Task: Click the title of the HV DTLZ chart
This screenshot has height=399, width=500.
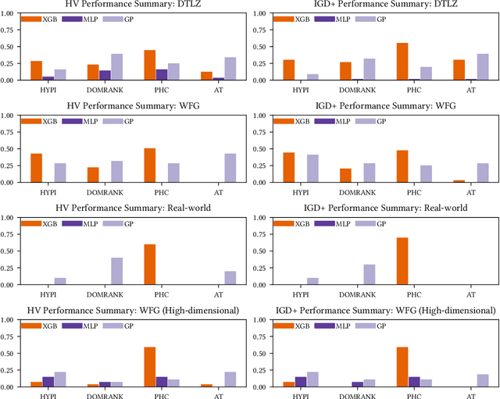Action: pyautogui.click(x=127, y=5)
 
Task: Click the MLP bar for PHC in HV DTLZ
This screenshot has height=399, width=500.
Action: pyautogui.click(x=161, y=75)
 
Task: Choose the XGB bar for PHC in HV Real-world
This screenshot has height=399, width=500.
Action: pyautogui.click(x=149, y=265)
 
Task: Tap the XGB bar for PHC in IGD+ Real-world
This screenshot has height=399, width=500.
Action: pyautogui.click(x=403, y=261)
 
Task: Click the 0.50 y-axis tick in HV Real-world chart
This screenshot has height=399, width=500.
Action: pyautogui.click(x=9, y=251)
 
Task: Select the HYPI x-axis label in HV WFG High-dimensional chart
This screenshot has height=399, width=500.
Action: pyautogui.click(x=48, y=394)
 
